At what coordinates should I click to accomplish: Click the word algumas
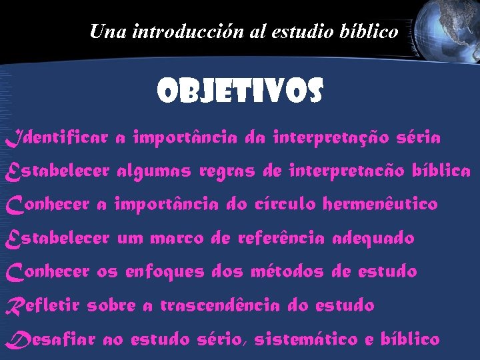tap(154, 172)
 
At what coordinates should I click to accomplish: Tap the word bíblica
tap(441, 171)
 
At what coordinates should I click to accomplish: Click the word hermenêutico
tap(380, 204)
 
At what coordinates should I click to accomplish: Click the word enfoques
tap(165, 272)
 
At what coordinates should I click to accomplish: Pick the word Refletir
tap(43, 306)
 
